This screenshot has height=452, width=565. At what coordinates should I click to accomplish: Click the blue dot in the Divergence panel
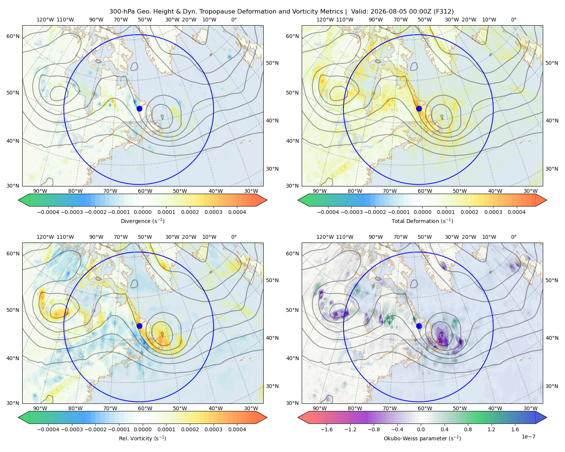tap(139, 108)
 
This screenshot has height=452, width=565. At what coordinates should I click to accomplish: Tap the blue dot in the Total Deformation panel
tap(419, 108)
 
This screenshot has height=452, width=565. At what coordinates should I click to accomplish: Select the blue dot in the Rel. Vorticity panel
tap(139, 326)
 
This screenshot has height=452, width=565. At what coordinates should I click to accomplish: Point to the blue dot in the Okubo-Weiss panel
tap(419, 326)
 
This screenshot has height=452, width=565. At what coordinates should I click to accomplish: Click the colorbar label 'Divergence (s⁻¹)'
tap(142, 221)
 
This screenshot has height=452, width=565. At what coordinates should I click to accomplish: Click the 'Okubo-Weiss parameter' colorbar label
tap(416, 438)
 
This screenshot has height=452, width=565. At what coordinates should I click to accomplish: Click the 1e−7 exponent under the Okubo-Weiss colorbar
tap(528, 437)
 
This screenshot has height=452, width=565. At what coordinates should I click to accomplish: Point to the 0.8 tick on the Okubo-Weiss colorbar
tap(468, 429)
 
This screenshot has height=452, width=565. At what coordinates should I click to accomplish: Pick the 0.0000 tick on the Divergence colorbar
tap(142, 212)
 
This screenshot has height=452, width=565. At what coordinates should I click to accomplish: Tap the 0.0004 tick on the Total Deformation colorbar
tap(517, 212)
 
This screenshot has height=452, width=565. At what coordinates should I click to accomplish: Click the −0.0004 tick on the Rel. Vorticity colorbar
tap(48, 429)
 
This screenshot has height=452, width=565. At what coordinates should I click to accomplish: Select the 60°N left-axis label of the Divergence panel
tap(13, 36)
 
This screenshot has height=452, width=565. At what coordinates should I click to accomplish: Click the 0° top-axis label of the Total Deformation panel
tap(514, 20)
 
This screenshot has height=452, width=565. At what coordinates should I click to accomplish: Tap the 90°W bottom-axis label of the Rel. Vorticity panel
tap(40, 408)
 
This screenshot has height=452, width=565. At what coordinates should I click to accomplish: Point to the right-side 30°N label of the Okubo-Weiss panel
tap(552, 386)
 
